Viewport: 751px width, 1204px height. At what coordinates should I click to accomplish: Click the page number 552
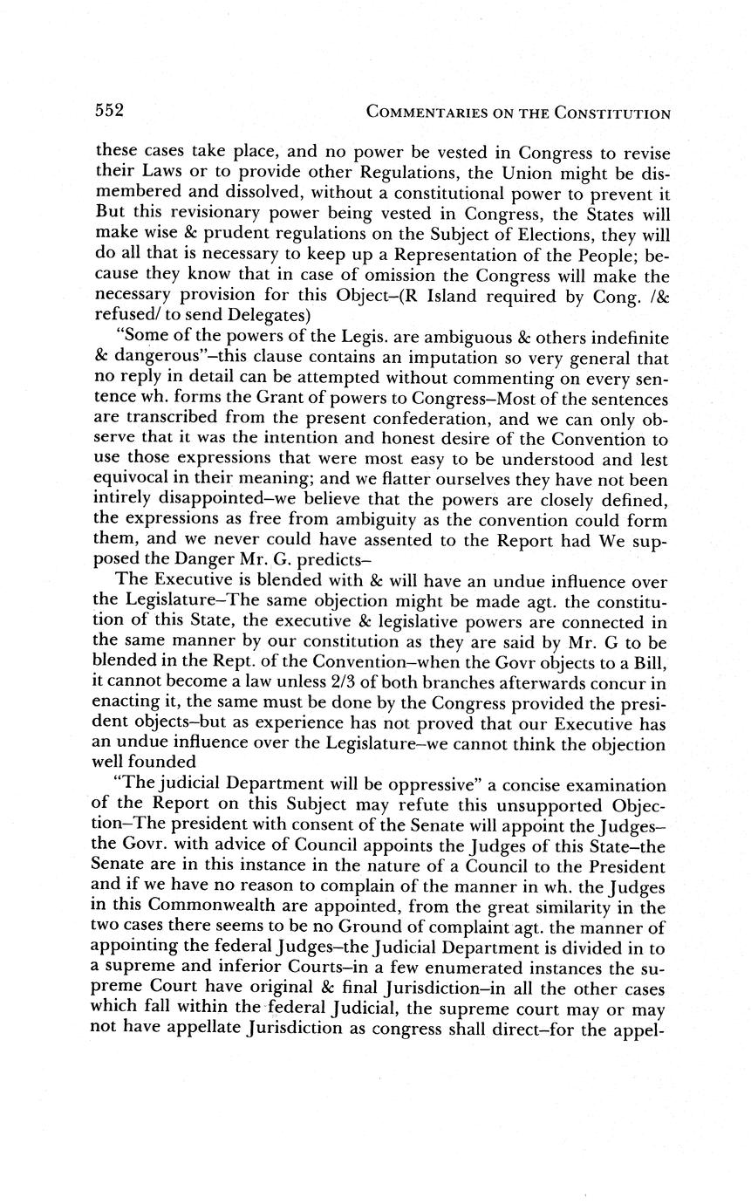pos(110,111)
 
